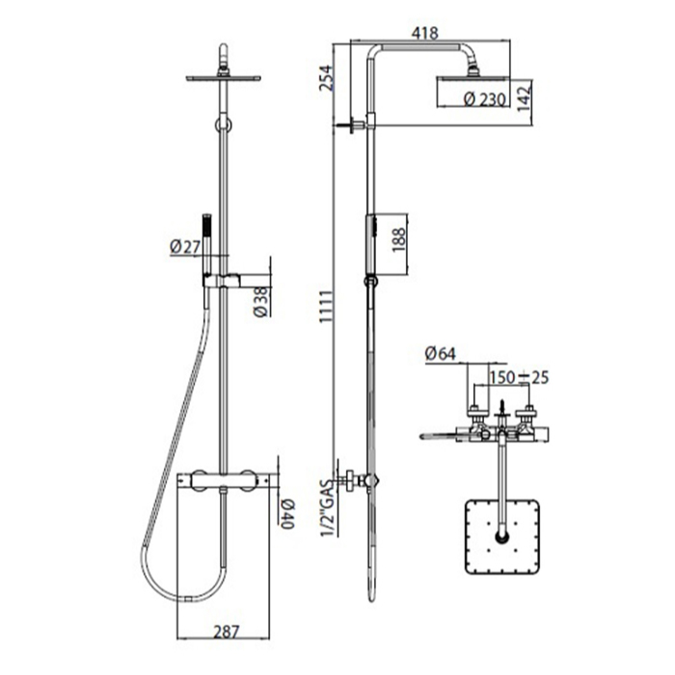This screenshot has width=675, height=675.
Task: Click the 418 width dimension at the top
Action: point(424,33)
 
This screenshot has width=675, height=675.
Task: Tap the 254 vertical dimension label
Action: point(326,78)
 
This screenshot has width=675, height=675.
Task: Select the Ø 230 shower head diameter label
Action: point(485,100)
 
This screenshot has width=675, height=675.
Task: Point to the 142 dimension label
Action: point(525,97)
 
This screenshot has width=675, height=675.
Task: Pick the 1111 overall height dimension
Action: point(326,307)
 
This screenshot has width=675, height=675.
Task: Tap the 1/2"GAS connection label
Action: point(327,508)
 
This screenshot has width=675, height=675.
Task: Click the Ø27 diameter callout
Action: point(185,247)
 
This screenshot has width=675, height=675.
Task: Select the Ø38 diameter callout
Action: point(261,302)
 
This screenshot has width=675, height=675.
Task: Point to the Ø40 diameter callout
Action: point(286,514)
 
